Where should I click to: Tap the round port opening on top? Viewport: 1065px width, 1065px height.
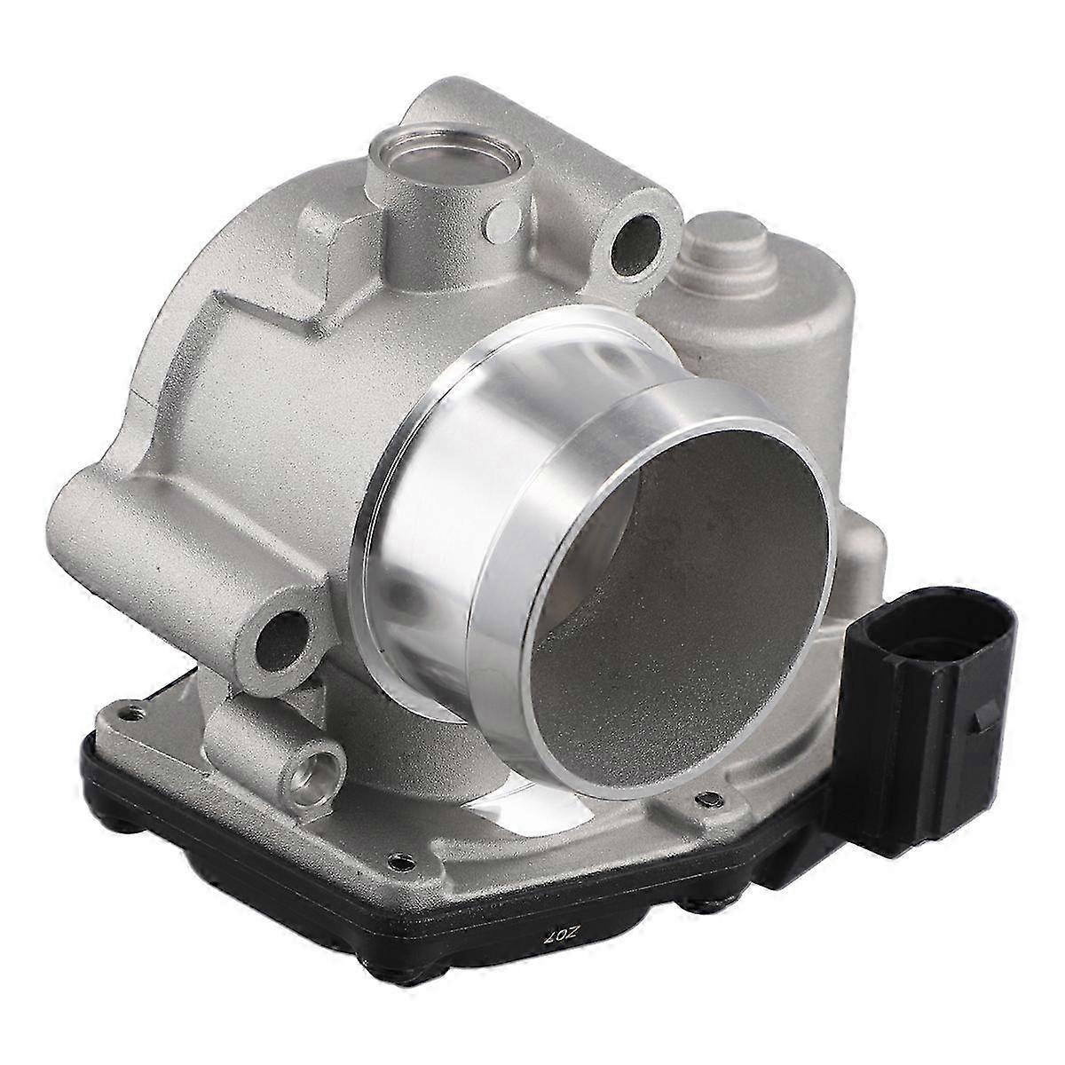[414, 163]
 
